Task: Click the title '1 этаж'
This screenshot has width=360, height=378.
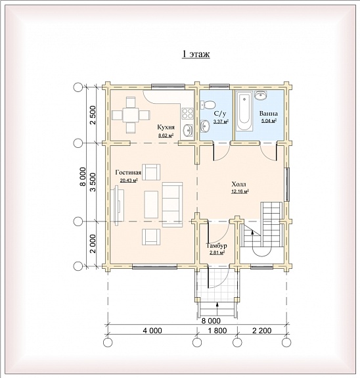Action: coord(196,54)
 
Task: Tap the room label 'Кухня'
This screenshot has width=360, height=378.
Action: coord(166,128)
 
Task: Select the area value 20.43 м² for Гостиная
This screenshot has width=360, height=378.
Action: coord(129,180)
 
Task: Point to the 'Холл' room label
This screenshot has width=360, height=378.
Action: coord(238,185)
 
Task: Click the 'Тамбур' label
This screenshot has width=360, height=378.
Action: coord(216,246)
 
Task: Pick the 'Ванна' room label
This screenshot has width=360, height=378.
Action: coord(269,113)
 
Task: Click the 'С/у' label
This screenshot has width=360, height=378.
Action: coord(220,113)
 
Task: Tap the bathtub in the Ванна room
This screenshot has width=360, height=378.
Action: coord(244,110)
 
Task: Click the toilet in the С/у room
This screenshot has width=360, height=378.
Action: coord(208,105)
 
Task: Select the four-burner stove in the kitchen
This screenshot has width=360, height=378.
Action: coord(187,114)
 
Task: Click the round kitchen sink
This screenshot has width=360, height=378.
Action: coord(187,130)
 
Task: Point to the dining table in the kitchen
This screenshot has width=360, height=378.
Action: coord(130,115)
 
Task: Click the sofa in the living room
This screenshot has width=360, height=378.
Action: coord(172,204)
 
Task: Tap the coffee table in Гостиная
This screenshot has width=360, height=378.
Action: coord(151,204)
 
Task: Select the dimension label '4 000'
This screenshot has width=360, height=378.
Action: coord(152,331)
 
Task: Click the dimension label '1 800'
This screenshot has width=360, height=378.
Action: coord(217,331)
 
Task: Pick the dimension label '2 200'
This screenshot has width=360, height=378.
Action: coord(262,331)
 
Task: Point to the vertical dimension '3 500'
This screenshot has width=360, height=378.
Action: coord(93,182)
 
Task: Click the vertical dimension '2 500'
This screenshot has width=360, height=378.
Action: coord(93,115)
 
